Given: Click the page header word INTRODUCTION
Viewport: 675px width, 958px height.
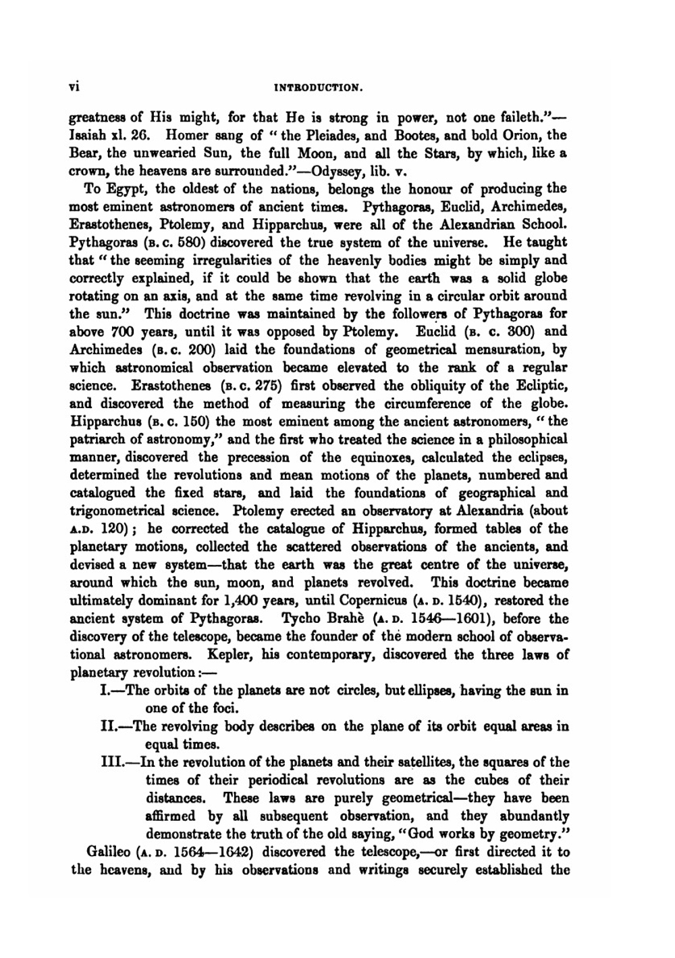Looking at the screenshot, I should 321,87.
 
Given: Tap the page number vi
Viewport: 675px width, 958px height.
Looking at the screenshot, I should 76,86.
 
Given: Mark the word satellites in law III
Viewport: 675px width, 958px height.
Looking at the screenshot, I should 423,763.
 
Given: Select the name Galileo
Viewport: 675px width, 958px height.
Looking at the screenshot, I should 109,853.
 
